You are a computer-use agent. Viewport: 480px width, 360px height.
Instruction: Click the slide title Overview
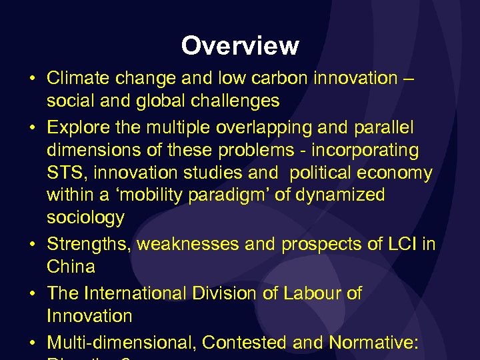[240, 45]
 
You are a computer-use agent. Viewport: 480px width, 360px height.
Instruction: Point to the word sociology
[85, 218]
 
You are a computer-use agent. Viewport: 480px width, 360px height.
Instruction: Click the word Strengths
[89, 244]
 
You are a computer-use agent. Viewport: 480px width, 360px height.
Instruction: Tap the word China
[71, 267]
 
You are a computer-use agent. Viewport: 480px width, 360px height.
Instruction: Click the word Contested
[245, 342]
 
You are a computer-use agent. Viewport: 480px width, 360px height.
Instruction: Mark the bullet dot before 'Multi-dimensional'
[31, 343]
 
